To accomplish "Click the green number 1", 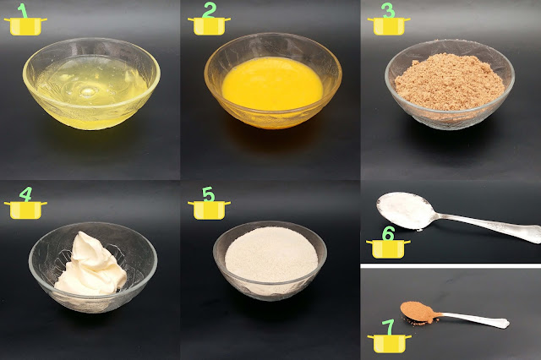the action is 23,10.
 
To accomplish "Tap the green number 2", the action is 210,10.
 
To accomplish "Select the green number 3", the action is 389,10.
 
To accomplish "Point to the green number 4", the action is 26,194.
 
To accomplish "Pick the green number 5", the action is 209,194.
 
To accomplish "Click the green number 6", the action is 388,233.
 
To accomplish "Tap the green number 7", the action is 389,327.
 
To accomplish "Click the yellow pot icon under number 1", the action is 25,26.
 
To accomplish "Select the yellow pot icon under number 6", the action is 388,249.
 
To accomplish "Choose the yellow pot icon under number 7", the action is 389,343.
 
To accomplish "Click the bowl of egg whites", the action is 91,84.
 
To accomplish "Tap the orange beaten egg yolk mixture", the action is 272,85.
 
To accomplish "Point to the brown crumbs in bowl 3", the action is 450,82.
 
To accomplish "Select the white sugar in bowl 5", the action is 271,254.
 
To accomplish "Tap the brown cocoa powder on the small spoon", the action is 418,312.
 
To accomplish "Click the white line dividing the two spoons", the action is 451,266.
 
